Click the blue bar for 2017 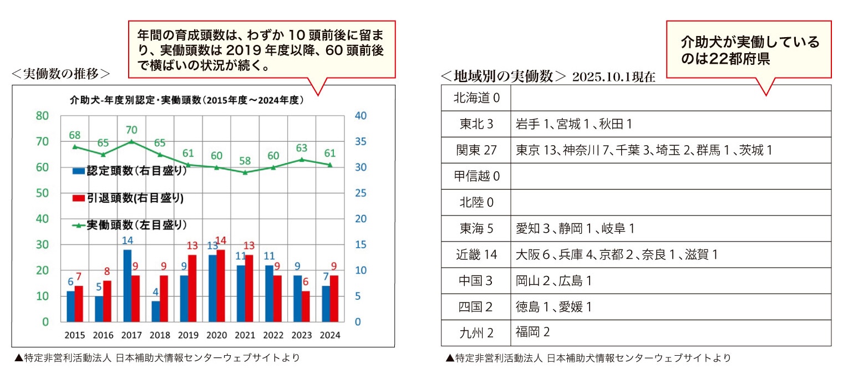tap(127, 285)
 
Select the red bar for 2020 tap(221, 285)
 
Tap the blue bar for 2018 tap(155, 311)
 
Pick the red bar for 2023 tap(306, 306)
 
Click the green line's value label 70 tap(131, 130)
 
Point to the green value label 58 tap(245, 161)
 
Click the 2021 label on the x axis tap(245, 335)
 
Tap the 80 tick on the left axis tap(42, 116)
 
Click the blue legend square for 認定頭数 tap(78, 171)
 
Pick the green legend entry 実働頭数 tap(130, 225)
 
